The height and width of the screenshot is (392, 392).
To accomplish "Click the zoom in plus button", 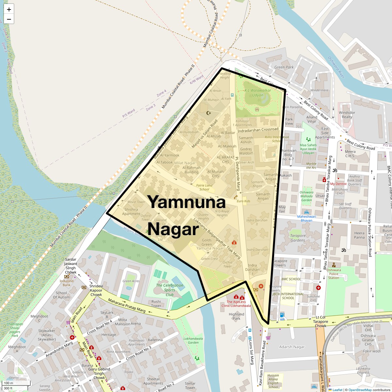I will tap(9, 9).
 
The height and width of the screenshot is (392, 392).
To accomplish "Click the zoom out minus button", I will tap(9, 19).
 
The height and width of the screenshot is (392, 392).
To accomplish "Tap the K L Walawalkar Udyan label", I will tap(258, 93).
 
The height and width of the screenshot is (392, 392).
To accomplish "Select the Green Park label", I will tap(284, 67).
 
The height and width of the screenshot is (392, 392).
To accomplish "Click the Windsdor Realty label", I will tap(347, 115).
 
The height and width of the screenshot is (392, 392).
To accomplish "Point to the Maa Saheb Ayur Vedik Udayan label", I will tap(308, 149).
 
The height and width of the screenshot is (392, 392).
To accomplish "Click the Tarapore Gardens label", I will tap(298, 238).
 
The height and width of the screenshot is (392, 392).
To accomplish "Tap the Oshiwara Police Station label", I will tap(334, 274).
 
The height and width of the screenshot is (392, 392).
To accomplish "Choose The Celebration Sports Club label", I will tap(170, 290).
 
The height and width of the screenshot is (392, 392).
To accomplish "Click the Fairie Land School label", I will tap(204, 187).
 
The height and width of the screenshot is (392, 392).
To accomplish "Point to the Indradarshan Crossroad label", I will tap(258, 130).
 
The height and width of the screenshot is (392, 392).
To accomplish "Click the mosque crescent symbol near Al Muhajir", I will tap(209, 113).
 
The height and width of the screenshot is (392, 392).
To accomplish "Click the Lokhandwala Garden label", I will tap(193, 340).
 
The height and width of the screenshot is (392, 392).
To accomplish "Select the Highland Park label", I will tap(237, 316).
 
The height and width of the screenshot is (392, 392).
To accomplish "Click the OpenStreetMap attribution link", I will tap(360, 390).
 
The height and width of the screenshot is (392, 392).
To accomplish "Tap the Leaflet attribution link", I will tap(337, 390).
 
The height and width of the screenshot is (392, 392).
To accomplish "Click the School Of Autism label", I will tap(61, 295).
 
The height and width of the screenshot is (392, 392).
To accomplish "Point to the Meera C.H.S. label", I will tap(350, 154).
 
